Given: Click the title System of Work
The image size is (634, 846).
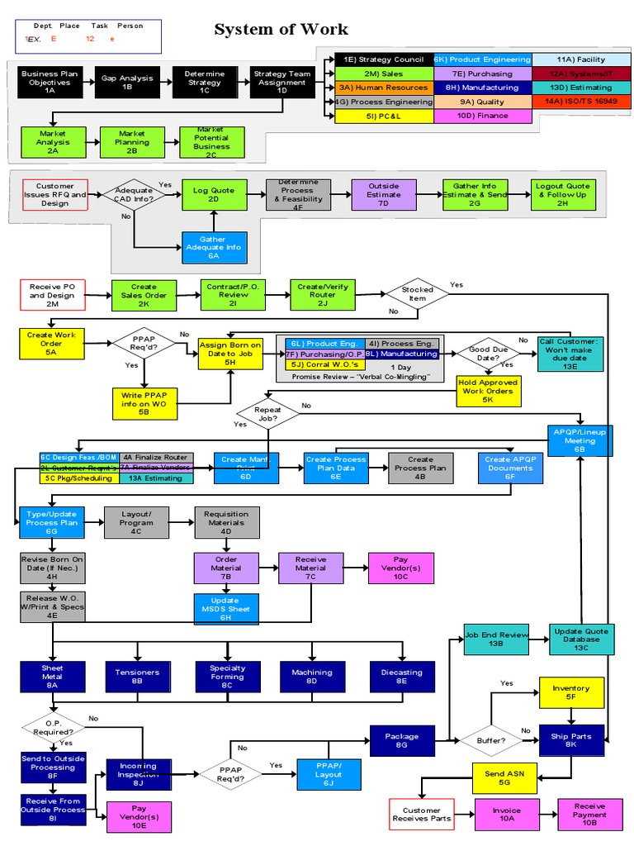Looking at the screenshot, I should coord(281,31).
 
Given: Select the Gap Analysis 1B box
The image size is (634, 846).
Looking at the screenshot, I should coord(127,82).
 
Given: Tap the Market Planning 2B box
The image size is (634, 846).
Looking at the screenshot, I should coord(132,142).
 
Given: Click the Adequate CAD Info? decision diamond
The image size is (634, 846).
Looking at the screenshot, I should coord(134,195).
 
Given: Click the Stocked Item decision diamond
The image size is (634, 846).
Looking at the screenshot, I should coord(417,295).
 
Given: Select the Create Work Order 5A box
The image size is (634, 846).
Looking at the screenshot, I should coord(51,343).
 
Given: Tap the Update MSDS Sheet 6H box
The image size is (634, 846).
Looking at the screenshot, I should coord(225,610).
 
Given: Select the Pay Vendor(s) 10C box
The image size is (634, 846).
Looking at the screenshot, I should coord(400,568).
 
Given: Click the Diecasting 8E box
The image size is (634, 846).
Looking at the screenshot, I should coord(401,677).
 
